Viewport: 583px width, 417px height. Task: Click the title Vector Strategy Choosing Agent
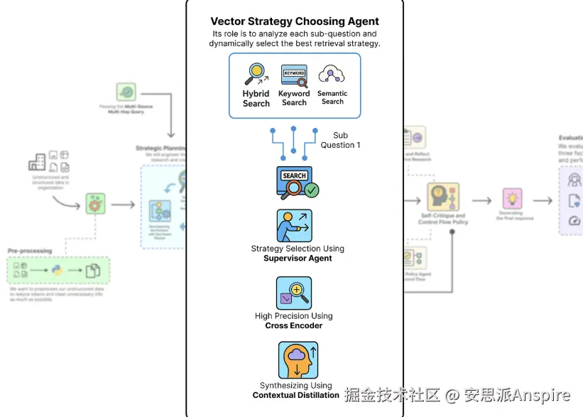coord(295,21)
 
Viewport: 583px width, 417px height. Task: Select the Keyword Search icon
coord(294,76)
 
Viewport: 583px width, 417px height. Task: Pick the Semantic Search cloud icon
coord(332,75)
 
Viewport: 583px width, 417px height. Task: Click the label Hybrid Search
coord(256,99)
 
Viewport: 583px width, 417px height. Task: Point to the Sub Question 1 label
coord(341,140)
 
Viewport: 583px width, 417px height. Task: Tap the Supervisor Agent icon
coord(294,225)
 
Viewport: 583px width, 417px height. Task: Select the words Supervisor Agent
coord(298,259)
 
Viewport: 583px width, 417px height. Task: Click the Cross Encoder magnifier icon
coord(294,293)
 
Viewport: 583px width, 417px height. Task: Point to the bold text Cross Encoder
coord(293,325)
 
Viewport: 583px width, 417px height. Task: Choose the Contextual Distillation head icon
coord(294,360)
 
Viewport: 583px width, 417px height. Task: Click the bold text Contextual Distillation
coord(295,395)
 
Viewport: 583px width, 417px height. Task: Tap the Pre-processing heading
coord(30,251)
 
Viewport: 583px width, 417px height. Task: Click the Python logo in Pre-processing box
coord(57,270)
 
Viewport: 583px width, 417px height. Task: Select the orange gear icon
coord(95,204)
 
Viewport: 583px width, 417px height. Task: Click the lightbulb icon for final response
coord(512,198)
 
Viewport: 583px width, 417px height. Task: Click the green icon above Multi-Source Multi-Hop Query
coord(126,92)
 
